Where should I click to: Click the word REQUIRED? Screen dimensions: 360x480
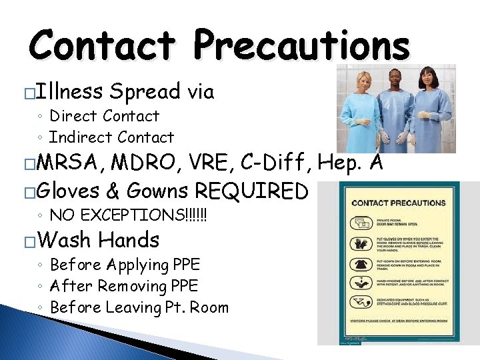click(x=251, y=191)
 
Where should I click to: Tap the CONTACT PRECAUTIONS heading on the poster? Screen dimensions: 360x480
click(x=399, y=203)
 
